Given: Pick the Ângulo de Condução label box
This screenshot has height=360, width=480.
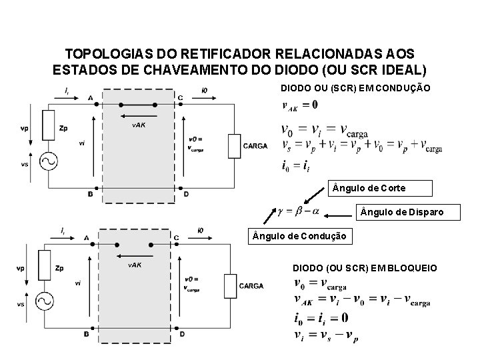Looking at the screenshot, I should point(299,236).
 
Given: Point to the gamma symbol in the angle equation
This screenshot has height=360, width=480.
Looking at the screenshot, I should point(281,212).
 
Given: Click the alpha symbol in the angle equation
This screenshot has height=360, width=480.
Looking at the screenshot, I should point(314,212).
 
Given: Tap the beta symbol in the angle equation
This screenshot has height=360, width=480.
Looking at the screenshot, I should point(297,212).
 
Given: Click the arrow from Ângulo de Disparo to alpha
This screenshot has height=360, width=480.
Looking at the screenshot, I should point(337,213).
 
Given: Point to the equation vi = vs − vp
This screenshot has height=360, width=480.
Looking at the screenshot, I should point(325,335).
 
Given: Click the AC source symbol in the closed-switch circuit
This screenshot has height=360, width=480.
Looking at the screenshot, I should point(48,160).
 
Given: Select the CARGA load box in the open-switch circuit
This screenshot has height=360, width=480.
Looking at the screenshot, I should point(231,286).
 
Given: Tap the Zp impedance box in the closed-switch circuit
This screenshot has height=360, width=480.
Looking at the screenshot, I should point(48,127).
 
